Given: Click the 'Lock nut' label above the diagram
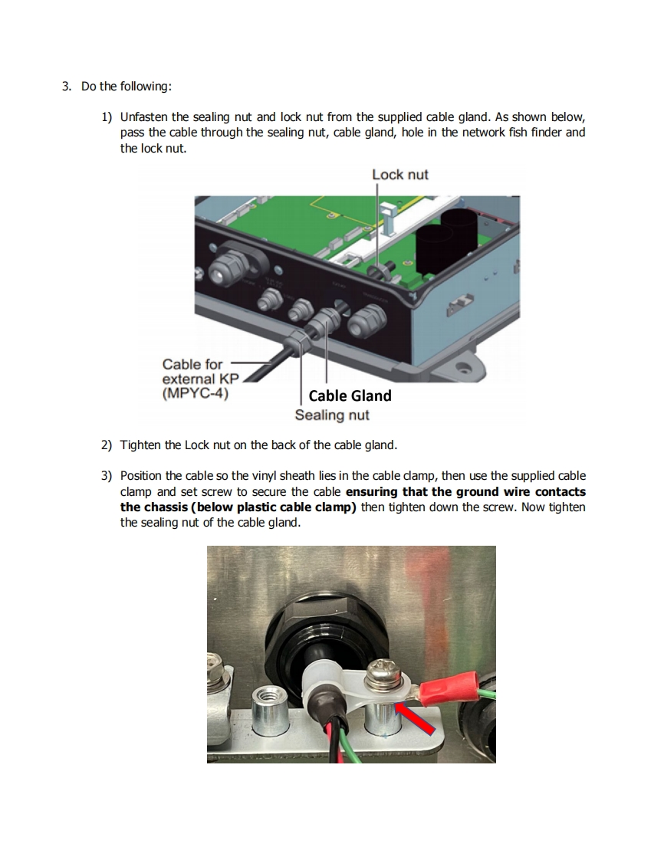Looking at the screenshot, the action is [399, 175].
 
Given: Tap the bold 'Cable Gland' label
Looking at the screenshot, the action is [350, 396].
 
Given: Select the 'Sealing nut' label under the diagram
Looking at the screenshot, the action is [331, 415].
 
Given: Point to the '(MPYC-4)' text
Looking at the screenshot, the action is [195, 395].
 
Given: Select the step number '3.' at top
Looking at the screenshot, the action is [67, 86].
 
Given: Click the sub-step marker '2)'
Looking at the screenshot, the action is [107, 445].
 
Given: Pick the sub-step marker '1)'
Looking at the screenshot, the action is [107, 117].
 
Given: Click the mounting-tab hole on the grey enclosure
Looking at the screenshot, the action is [462, 369].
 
